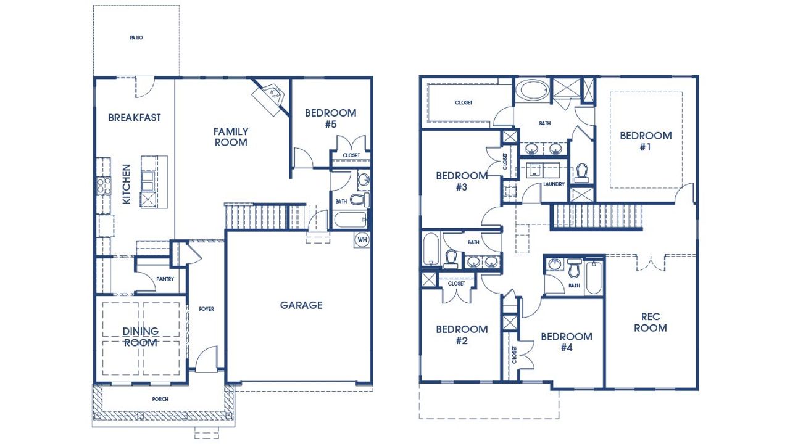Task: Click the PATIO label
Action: pos(136,38)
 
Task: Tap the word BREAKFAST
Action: pos(135,117)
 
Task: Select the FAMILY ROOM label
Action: pos(231,137)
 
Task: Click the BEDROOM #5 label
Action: pos(331,118)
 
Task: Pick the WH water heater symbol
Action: pos(362,239)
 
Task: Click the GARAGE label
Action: pos(301,305)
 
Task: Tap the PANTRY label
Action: pos(165,279)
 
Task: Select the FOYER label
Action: pos(206,309)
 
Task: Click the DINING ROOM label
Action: pos(141,337)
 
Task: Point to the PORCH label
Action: pos(160,399)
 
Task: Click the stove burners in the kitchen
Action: pos(103,185)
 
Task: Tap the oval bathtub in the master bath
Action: pos(531,90)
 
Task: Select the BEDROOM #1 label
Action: pos(646,141)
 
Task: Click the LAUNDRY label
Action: pos(554,184)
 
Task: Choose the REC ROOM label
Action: pos(651,323)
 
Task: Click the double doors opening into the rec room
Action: pos(652,262)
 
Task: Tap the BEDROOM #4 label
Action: pos(567,342)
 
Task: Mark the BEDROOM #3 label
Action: pos(462,181)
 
